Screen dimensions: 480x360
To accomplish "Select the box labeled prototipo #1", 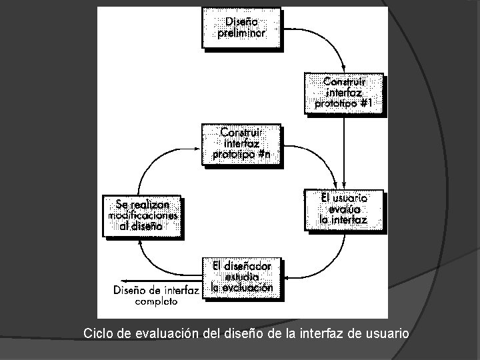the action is pyautogui.click(x=344, y=93).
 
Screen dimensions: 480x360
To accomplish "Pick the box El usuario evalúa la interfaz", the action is pyautogui.click(x=344, y=209).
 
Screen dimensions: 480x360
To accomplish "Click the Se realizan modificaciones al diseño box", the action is pyautogui.click(x=141, y=216).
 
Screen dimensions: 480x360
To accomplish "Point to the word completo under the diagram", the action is pyautogui.click(x=157, y=301).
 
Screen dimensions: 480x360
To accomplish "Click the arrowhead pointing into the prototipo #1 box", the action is pyautogui.click(x=343, y=70).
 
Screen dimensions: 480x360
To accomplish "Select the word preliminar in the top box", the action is pyautogui.click(x=241, y=33).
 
